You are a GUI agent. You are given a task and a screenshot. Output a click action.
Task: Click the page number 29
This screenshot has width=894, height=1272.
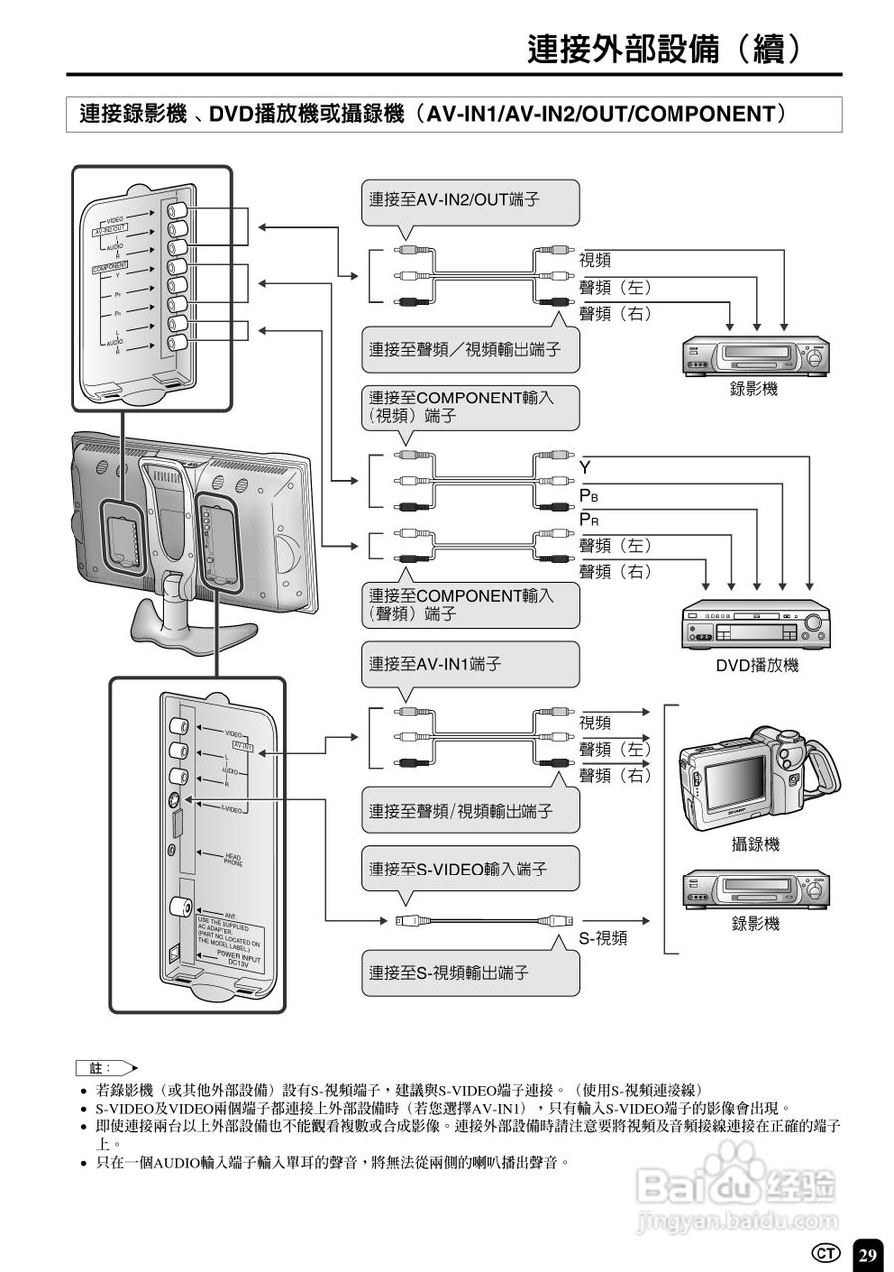pyautogui.click(x=868, y=1255)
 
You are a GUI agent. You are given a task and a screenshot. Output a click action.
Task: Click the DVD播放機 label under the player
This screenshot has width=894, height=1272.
pyautogui.click(x=757, y=665)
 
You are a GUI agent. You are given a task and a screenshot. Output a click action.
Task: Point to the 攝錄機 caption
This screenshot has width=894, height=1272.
pyautogui.click(x=755, y=844)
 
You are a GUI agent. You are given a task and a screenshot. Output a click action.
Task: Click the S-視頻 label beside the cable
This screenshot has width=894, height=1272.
pyautogui.click(x=604, y=938)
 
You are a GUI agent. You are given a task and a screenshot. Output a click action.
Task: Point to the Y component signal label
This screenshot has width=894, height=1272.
pyautogui.click(x=585, y=466)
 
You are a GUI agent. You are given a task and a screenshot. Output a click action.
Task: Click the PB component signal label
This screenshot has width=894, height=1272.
pyautogui.click(x=588, y=494)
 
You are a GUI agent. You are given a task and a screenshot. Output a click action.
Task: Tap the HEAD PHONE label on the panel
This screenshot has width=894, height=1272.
pyautogui.click(x=233, y=860)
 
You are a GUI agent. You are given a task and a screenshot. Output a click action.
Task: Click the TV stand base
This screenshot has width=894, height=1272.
pyautogui.click(x=179, y=626)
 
